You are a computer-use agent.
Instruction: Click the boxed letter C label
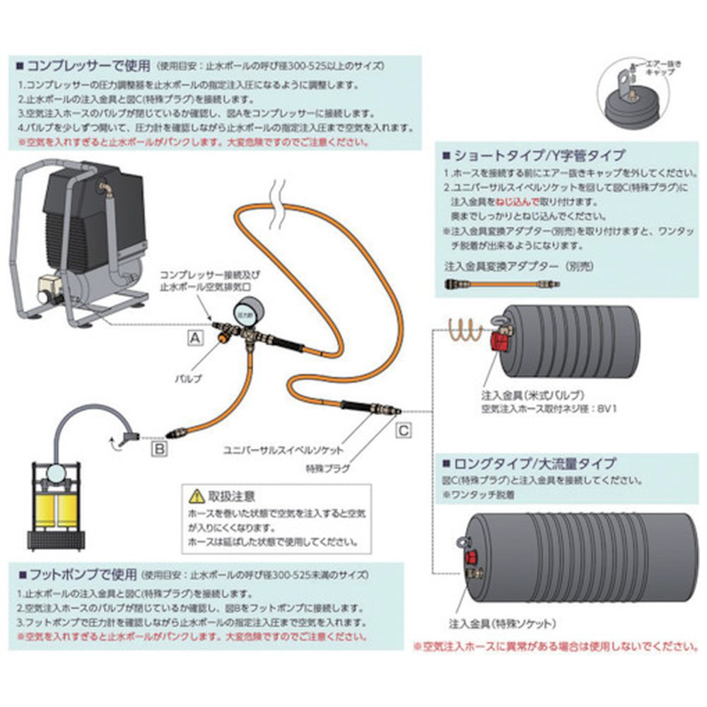click(402, 428)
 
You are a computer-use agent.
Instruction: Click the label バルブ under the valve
click(189, 378)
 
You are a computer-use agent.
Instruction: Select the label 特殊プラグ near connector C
click(327, 468)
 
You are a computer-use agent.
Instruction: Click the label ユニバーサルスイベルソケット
click(284, 450)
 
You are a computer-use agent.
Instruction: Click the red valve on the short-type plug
click(499, 344)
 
